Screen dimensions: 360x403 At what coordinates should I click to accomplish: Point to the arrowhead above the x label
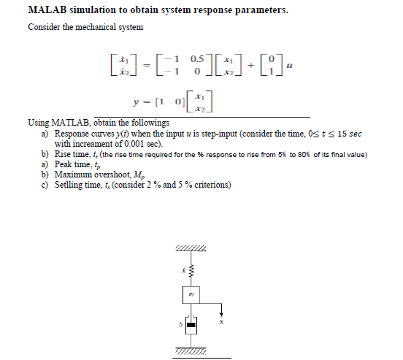coord(221,314)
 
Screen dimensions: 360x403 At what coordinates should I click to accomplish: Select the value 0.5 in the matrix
coord(196,57)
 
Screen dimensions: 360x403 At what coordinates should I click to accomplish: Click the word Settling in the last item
coord(69,185)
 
